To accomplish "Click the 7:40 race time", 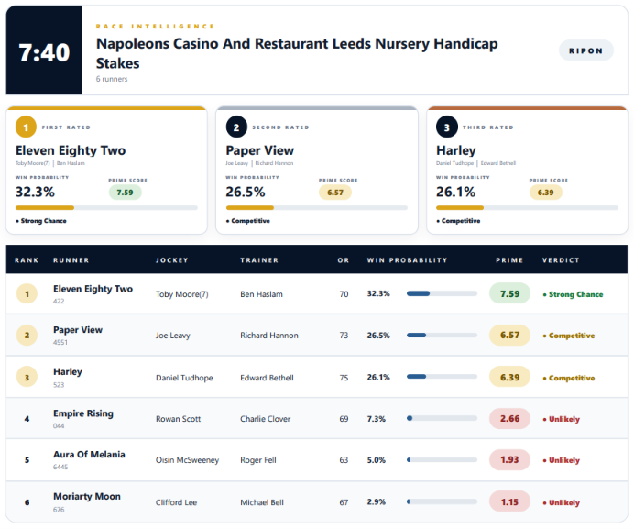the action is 44,52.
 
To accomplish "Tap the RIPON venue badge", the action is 585,50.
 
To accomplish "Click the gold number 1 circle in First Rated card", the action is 26,127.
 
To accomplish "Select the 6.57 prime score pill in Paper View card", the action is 335,193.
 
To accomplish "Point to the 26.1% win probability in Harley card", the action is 455,192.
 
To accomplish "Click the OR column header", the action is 344,260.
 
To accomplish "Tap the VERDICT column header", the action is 561,260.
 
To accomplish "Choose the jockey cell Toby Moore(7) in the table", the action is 182,294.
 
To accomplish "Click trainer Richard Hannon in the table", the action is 269,336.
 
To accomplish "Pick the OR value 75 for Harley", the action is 344,378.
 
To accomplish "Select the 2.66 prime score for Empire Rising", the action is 509,418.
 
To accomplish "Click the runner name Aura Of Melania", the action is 89,455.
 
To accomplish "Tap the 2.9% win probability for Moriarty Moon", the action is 376,501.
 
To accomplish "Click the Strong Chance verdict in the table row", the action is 573,294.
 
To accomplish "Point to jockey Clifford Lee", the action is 176,502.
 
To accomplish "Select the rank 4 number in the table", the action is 27,419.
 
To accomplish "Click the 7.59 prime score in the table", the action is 509,293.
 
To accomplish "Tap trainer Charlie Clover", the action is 266,419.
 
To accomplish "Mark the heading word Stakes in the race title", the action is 117,63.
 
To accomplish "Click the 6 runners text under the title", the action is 112,79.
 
